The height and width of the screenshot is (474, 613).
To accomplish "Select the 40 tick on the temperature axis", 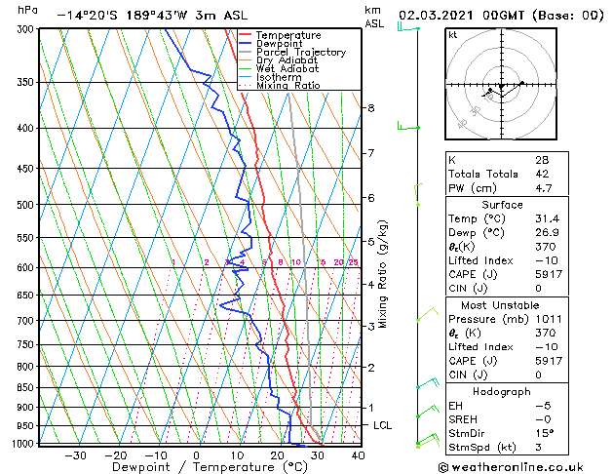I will (358, 455).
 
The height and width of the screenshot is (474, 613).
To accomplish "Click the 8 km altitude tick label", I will (371, 107).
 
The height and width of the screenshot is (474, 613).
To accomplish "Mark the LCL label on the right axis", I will (383, 426).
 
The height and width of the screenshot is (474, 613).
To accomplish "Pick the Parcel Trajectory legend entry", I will (300, 53).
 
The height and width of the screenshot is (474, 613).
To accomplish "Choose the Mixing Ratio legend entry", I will (289, 86).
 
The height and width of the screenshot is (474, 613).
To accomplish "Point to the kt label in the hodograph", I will (452, 35).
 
